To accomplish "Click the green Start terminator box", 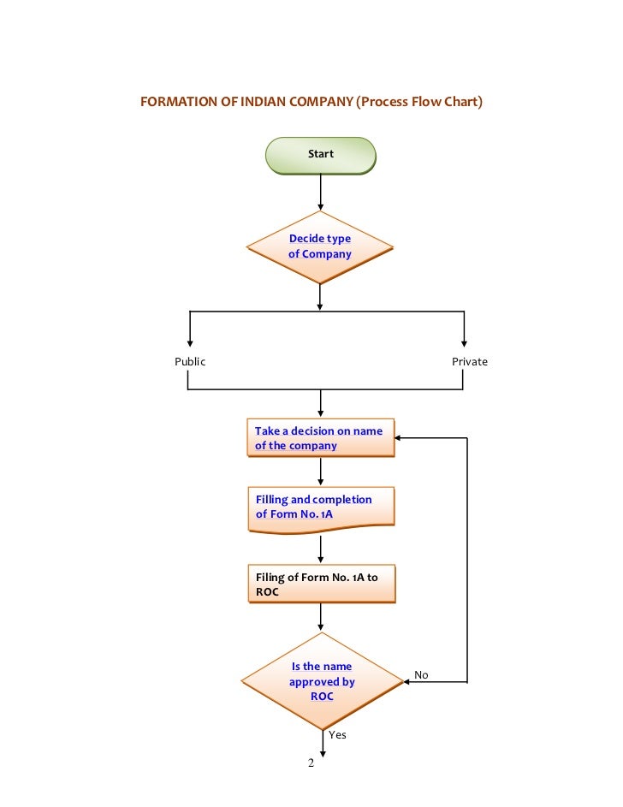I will click(320, 155).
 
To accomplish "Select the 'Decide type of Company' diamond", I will click(320, 246).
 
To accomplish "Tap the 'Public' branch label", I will click(190, 361).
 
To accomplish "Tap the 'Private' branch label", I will click(469, 361).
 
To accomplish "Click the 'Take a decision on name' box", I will click(320, 438).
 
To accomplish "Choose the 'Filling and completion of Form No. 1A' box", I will click(320, 507).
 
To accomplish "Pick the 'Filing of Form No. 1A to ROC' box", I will click(320, 584).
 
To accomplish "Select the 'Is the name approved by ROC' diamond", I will click(321, 682).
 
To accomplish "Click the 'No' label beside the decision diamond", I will click(421, 675).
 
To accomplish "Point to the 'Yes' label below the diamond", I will click(337, 734).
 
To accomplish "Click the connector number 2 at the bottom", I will click(311, 763).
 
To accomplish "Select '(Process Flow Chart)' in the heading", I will click(420, 102).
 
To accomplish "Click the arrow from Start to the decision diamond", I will click(320, 193).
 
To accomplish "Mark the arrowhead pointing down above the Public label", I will click(190, 341).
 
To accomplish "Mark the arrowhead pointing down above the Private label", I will click(465, 341).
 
